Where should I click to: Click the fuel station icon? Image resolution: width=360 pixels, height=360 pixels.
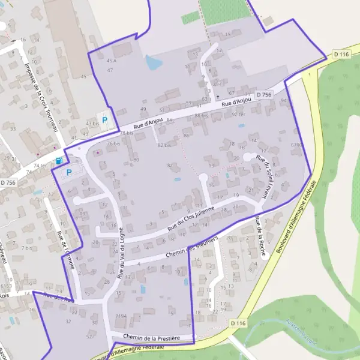coord(58,161)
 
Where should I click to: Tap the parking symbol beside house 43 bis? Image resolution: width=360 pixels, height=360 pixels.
coord(105,120)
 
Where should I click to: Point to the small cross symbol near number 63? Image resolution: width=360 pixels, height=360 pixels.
coord(218,96)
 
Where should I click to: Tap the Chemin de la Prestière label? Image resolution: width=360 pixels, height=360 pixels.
coord(151,337)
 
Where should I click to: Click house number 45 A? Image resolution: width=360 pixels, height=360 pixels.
coord(111,61)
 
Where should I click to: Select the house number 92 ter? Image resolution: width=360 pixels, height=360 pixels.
coord(238,114)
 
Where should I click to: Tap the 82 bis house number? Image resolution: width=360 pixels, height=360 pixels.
coord(164,145)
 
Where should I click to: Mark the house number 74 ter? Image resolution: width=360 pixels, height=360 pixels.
coord(40,165)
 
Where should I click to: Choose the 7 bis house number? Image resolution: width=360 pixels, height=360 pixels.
coord(27,247)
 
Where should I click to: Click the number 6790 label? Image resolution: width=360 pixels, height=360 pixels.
coord(295,145)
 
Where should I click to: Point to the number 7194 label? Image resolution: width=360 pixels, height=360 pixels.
coord(121,316)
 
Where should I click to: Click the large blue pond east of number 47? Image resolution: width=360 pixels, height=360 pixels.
coord(153,61)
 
